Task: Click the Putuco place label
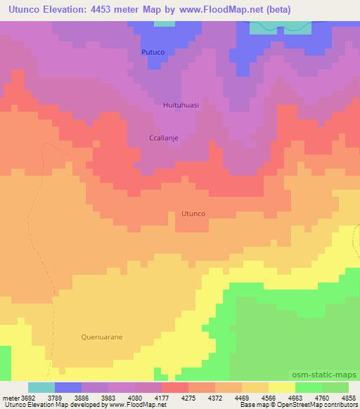153,51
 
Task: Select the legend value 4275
188,397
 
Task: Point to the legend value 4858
349,397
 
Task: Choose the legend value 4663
296,397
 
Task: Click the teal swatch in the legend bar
41,387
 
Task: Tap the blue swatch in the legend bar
67,387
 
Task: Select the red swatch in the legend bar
174,387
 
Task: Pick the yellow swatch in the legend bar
281,387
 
